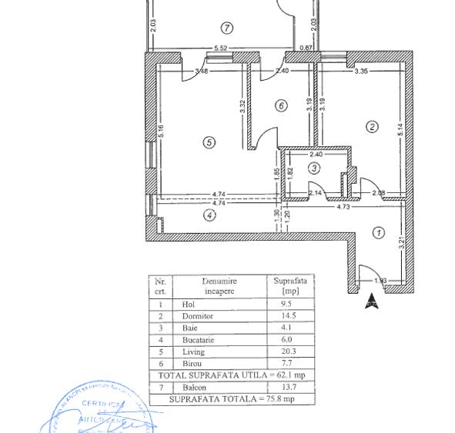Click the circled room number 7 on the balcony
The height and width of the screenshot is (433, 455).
click(x=226, y=28)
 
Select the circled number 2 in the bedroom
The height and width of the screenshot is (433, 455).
click(x=373, y=127)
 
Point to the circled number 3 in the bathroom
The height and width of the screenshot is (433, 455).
click(x=314, y=168)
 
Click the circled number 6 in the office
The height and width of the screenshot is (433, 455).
click(x=281, y=105)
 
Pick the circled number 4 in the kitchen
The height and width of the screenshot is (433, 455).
click(x=209, y=215)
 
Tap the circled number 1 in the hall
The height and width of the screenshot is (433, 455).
click(x=378, y=232)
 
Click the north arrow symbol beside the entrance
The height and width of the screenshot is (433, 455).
click(x=372, y=301)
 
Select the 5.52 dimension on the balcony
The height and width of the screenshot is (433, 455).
click(x=220, y=48)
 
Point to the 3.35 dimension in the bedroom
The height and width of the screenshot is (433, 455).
click(x=361, y=72)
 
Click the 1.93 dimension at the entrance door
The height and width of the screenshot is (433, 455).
click(x=380, y=281)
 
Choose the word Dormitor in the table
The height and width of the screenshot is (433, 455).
click(x=197, y=316)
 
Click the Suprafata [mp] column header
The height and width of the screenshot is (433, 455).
click(x=289, y=286)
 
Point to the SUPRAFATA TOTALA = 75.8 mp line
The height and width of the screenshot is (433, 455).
click(x=231, y=399)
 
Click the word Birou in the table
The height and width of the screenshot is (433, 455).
click(x=192, y=364)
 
